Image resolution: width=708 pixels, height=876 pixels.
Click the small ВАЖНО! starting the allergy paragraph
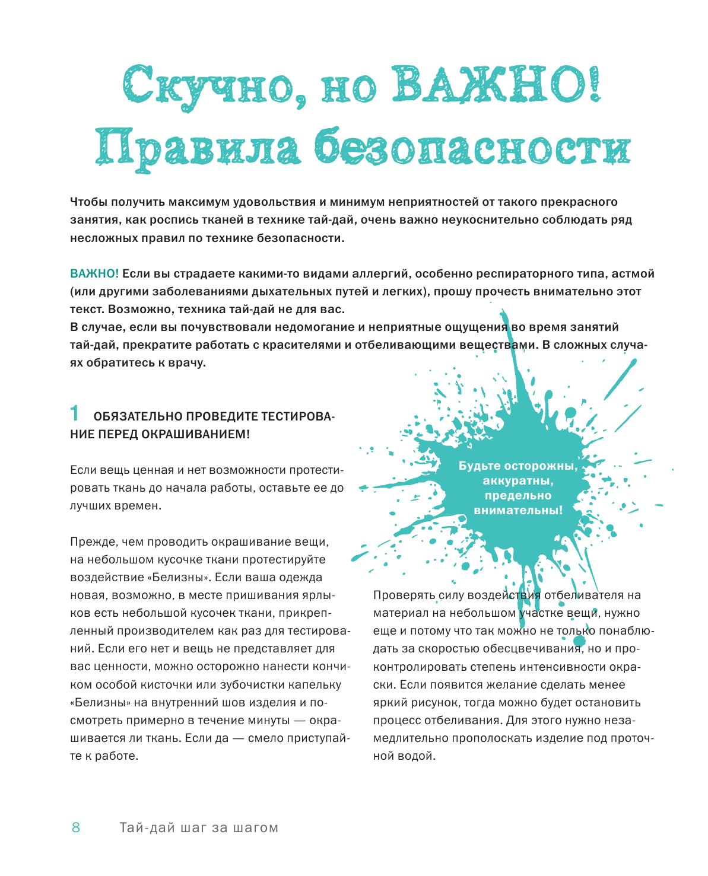click(94, 274)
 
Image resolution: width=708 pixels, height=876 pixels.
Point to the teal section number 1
click(75, 413)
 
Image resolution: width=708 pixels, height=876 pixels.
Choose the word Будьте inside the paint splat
click(479, 466)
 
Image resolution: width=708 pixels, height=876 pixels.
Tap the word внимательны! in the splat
click(518, 510)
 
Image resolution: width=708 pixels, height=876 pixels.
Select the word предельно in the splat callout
click(518, 496)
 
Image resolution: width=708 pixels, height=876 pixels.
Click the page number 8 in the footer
click(76, 828)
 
